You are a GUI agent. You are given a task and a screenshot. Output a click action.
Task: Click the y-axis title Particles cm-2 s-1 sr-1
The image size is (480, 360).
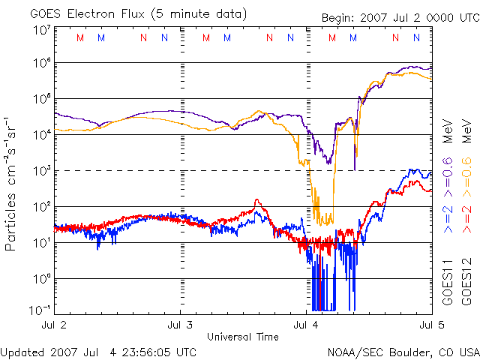[13, 183]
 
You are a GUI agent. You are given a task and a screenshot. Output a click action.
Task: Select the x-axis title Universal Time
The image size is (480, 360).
[242, 337]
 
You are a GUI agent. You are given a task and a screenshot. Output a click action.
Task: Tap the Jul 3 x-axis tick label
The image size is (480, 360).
[180, 325]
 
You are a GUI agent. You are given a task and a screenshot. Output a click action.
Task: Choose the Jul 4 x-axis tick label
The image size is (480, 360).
[306, 325]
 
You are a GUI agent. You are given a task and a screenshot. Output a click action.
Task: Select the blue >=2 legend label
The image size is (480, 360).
[448, 223]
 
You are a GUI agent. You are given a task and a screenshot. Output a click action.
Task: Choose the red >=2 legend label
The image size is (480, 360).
[466, 223]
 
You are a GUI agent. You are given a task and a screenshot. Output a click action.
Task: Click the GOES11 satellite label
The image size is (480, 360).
[448, 282]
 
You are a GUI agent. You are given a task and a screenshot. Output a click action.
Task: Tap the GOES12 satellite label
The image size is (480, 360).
[466, 282]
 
